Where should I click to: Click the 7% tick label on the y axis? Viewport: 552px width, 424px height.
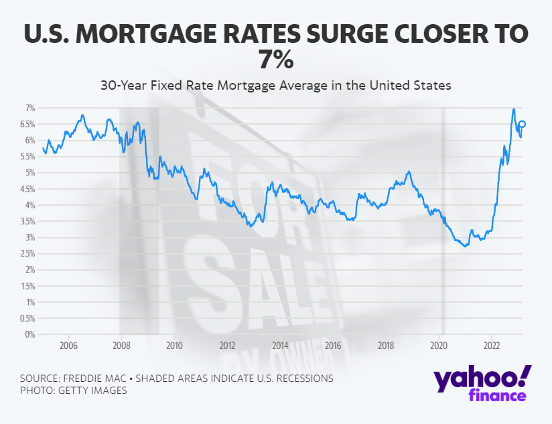(29, 108)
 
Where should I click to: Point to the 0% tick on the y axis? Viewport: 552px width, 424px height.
(29, 334)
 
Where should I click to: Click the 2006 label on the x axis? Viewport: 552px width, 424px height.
(68, 346)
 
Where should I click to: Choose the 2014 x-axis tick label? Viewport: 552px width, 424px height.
(280, 346)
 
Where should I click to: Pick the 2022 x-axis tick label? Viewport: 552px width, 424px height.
(492, 346)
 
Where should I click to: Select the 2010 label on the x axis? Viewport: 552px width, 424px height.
(174, 346)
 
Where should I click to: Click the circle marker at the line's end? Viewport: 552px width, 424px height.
(523, 124)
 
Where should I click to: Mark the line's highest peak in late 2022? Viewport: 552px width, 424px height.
(513, 109)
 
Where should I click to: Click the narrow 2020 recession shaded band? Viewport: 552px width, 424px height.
(442, 221)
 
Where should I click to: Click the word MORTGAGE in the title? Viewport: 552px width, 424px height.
(154, 35)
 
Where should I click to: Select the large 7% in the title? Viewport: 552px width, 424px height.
(276, 60)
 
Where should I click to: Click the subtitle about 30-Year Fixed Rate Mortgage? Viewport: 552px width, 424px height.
(276, 86)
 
